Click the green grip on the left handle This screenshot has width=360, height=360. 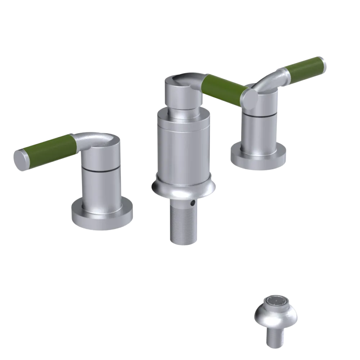click(49, 147)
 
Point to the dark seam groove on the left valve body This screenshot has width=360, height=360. click(100, 169)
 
